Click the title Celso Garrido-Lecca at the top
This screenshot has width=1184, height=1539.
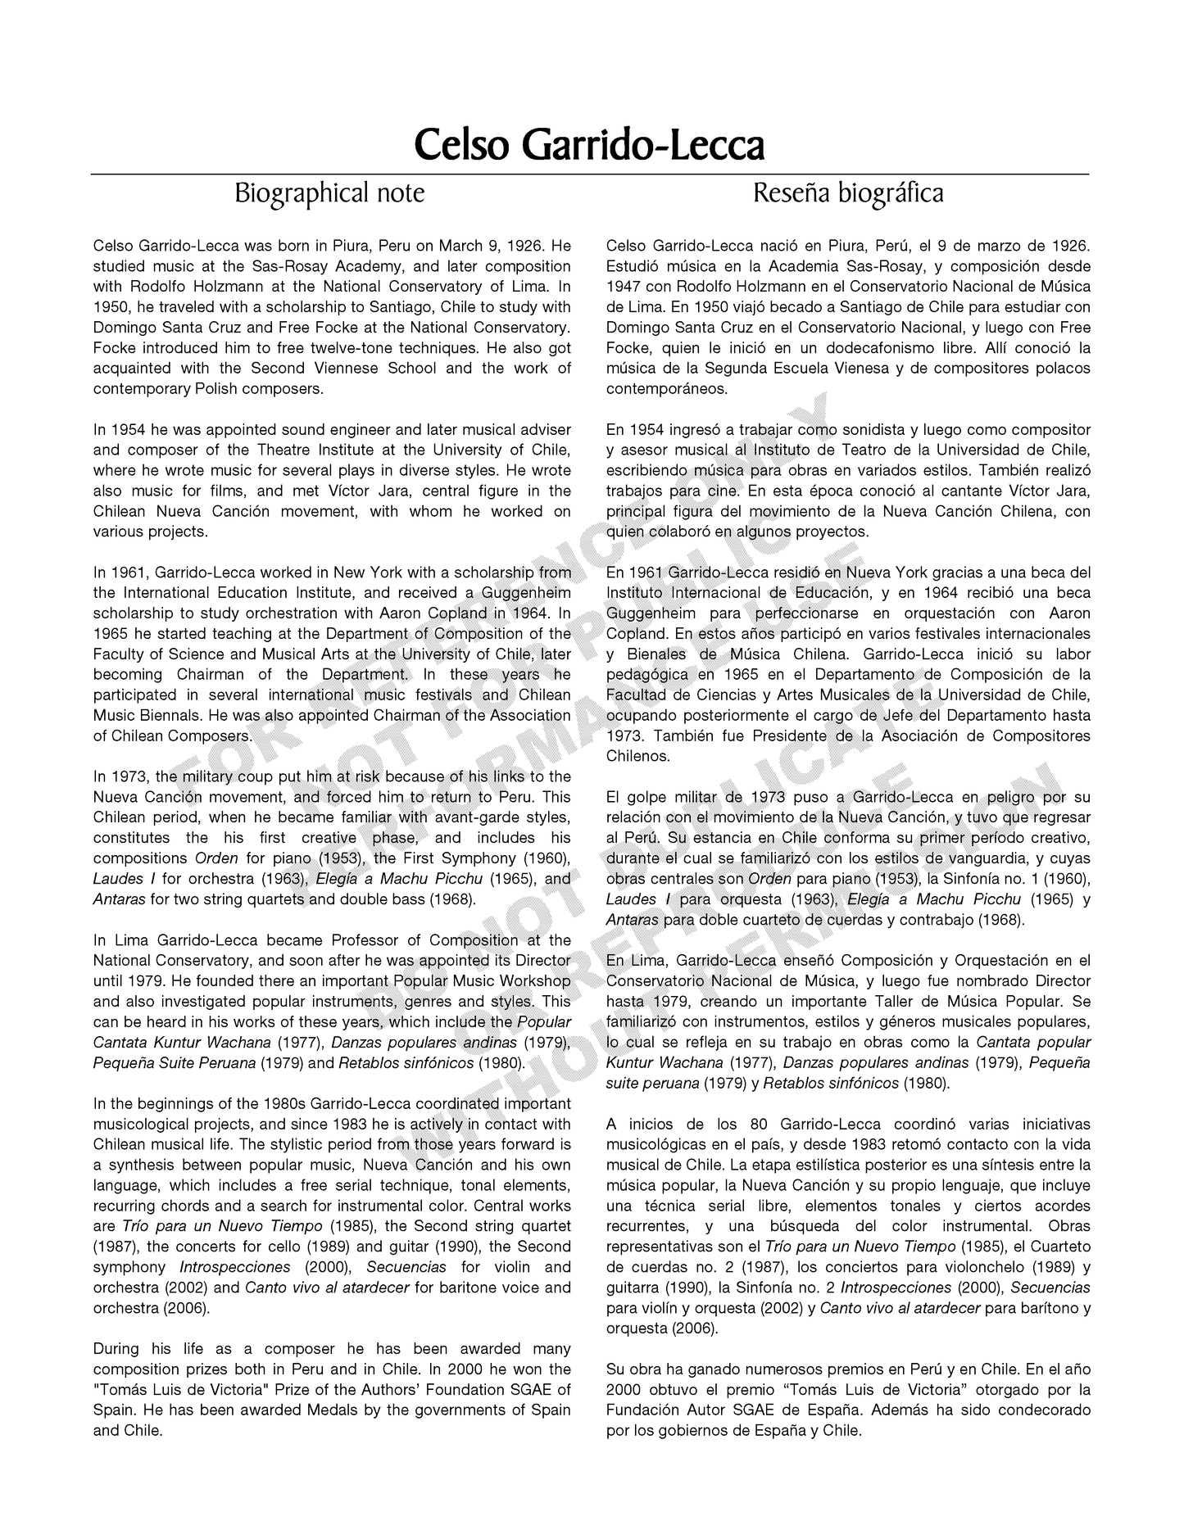pos(589,145)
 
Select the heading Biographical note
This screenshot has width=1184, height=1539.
pos(329,193)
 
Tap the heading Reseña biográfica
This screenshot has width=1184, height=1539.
pos(847,193)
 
